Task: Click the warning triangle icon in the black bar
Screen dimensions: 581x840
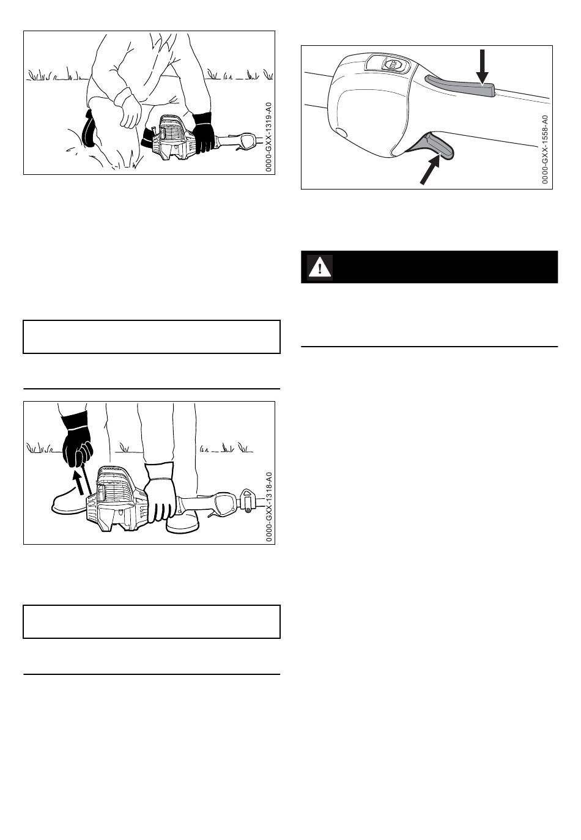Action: click(x=320, y=267)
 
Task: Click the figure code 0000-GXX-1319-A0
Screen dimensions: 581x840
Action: click(x=268, y=137)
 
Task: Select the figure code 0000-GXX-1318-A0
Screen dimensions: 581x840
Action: click(x=268, y=507)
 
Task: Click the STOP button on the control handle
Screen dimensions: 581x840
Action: click(x=393, y=65)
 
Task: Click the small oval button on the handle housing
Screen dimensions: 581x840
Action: click(x=342, y=132)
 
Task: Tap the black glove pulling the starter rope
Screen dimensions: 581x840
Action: click(x=76, y=440)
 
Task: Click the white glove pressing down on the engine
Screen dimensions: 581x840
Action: click(x=160, y=492)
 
